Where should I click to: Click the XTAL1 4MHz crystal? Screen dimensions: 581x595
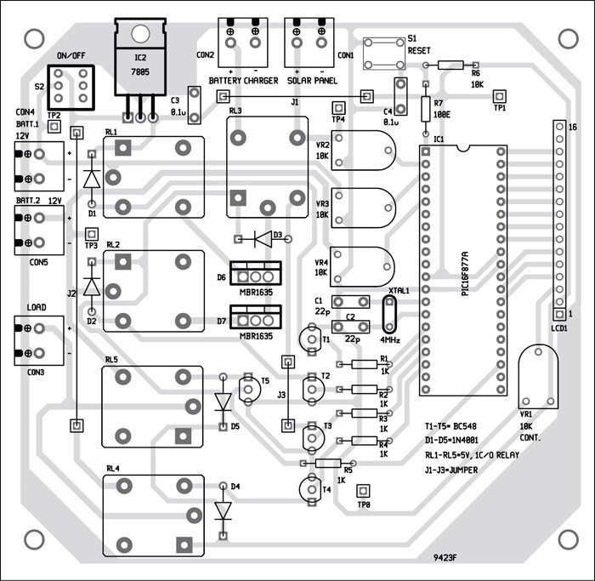[x=390, y=315]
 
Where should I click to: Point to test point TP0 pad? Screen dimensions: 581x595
[x=365, y=491]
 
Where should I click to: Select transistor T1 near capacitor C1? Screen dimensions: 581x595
[x=308, y=339]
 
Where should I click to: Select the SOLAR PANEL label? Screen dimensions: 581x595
[x=312, y=81]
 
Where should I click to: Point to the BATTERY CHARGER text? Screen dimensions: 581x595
[x=242, y=81]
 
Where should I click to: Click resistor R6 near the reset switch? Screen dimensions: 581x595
[x=450, y=65]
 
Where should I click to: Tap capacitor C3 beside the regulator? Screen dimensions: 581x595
[x=194, y=103]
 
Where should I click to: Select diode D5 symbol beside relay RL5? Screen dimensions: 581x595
[x=224, y=401]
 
